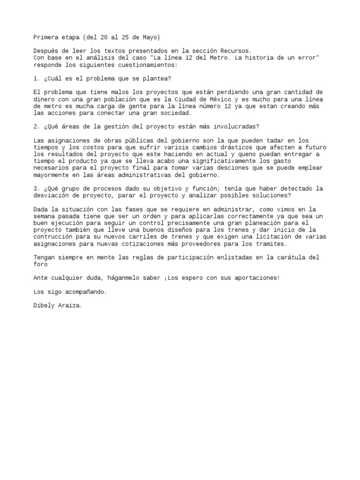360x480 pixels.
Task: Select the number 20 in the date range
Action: pyautogui.click(x=104, y=37)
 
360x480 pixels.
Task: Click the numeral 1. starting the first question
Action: pyautogui.click(x=37, y=78)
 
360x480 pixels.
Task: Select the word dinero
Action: pyautogui.click(x=44, y=99)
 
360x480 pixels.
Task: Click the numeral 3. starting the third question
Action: pyautogui.click(x=37, y=188)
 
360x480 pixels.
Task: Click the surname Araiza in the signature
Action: pyautogui.click(x=70, y=306)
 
